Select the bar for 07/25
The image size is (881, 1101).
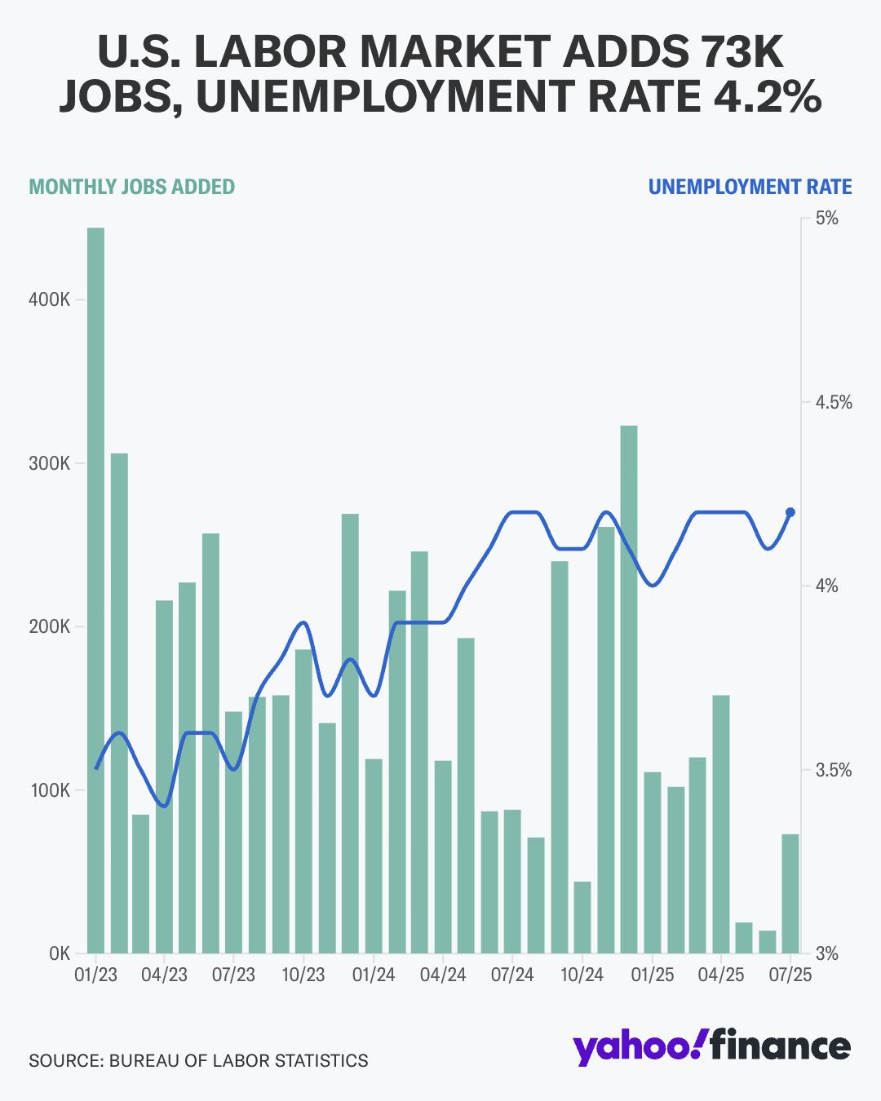pyautogui.click(x=790, y=893)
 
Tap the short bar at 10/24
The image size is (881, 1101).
pyautogui.click(x=582, y=917)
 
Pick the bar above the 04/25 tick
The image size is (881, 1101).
pyautogui.click(x=721, y=824)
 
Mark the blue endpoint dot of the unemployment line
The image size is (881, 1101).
pyautogui.click(x=790, y=512)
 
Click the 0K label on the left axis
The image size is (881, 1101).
pyautogui.click(x=60, y=953)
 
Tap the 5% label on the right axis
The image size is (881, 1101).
pyautogui.click(x=826, y=219)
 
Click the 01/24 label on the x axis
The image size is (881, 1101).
pyautogui.click(x=374, y=975)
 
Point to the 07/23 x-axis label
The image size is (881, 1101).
pyautogui.click(x=234, y=975)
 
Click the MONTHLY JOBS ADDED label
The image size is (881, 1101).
pyautogui.click(x=132, y=187)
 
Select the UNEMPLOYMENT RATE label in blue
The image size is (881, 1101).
pyautogui.click(x=750, y=187)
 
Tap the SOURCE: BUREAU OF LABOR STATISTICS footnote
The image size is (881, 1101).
pyautogui.click(x=198, y=1060)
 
